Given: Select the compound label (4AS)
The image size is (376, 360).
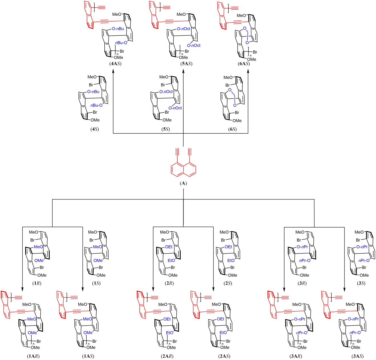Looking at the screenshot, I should [x=115, y=64].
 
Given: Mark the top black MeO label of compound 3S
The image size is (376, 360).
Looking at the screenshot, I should [x=359, y=232].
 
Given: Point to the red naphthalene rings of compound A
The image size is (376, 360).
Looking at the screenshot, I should [x=183, y=169].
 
